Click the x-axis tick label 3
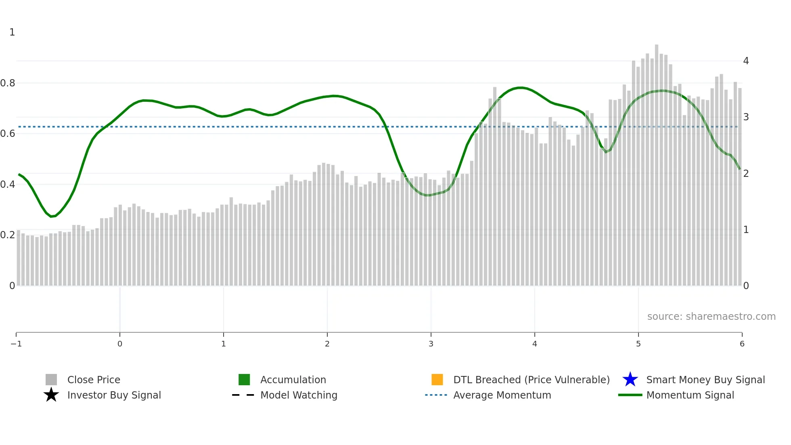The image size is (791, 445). (x=431, y=344)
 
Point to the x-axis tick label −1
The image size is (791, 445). (x=16, y=344)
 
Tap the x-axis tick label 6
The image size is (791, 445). (x=742, y=344)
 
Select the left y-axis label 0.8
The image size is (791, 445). (x=8, y=83)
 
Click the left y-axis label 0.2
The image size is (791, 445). (x=8, y=235)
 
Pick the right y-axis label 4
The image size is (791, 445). (x=746, y=61)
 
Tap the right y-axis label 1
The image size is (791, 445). (x=746, y=230)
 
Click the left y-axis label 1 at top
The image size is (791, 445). (x=12, y=32)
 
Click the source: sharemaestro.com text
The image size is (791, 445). (x=711, y=317)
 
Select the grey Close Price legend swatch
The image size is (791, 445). (x=51, y=380)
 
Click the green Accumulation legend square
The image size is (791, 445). (x=244, y=380)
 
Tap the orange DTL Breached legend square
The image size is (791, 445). (x=437, y=380)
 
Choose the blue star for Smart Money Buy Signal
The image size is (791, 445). (x=630, y=380)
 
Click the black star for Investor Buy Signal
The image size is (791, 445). (x=51, y=395)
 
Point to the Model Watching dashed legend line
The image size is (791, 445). (x=243, y=395)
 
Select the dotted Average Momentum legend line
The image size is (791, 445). (x=436, y=395)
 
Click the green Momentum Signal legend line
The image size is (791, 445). (x=630, y=395)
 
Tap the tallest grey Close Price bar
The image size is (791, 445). (x=657, y=162)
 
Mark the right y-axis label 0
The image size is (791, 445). (x=746, y=286)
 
